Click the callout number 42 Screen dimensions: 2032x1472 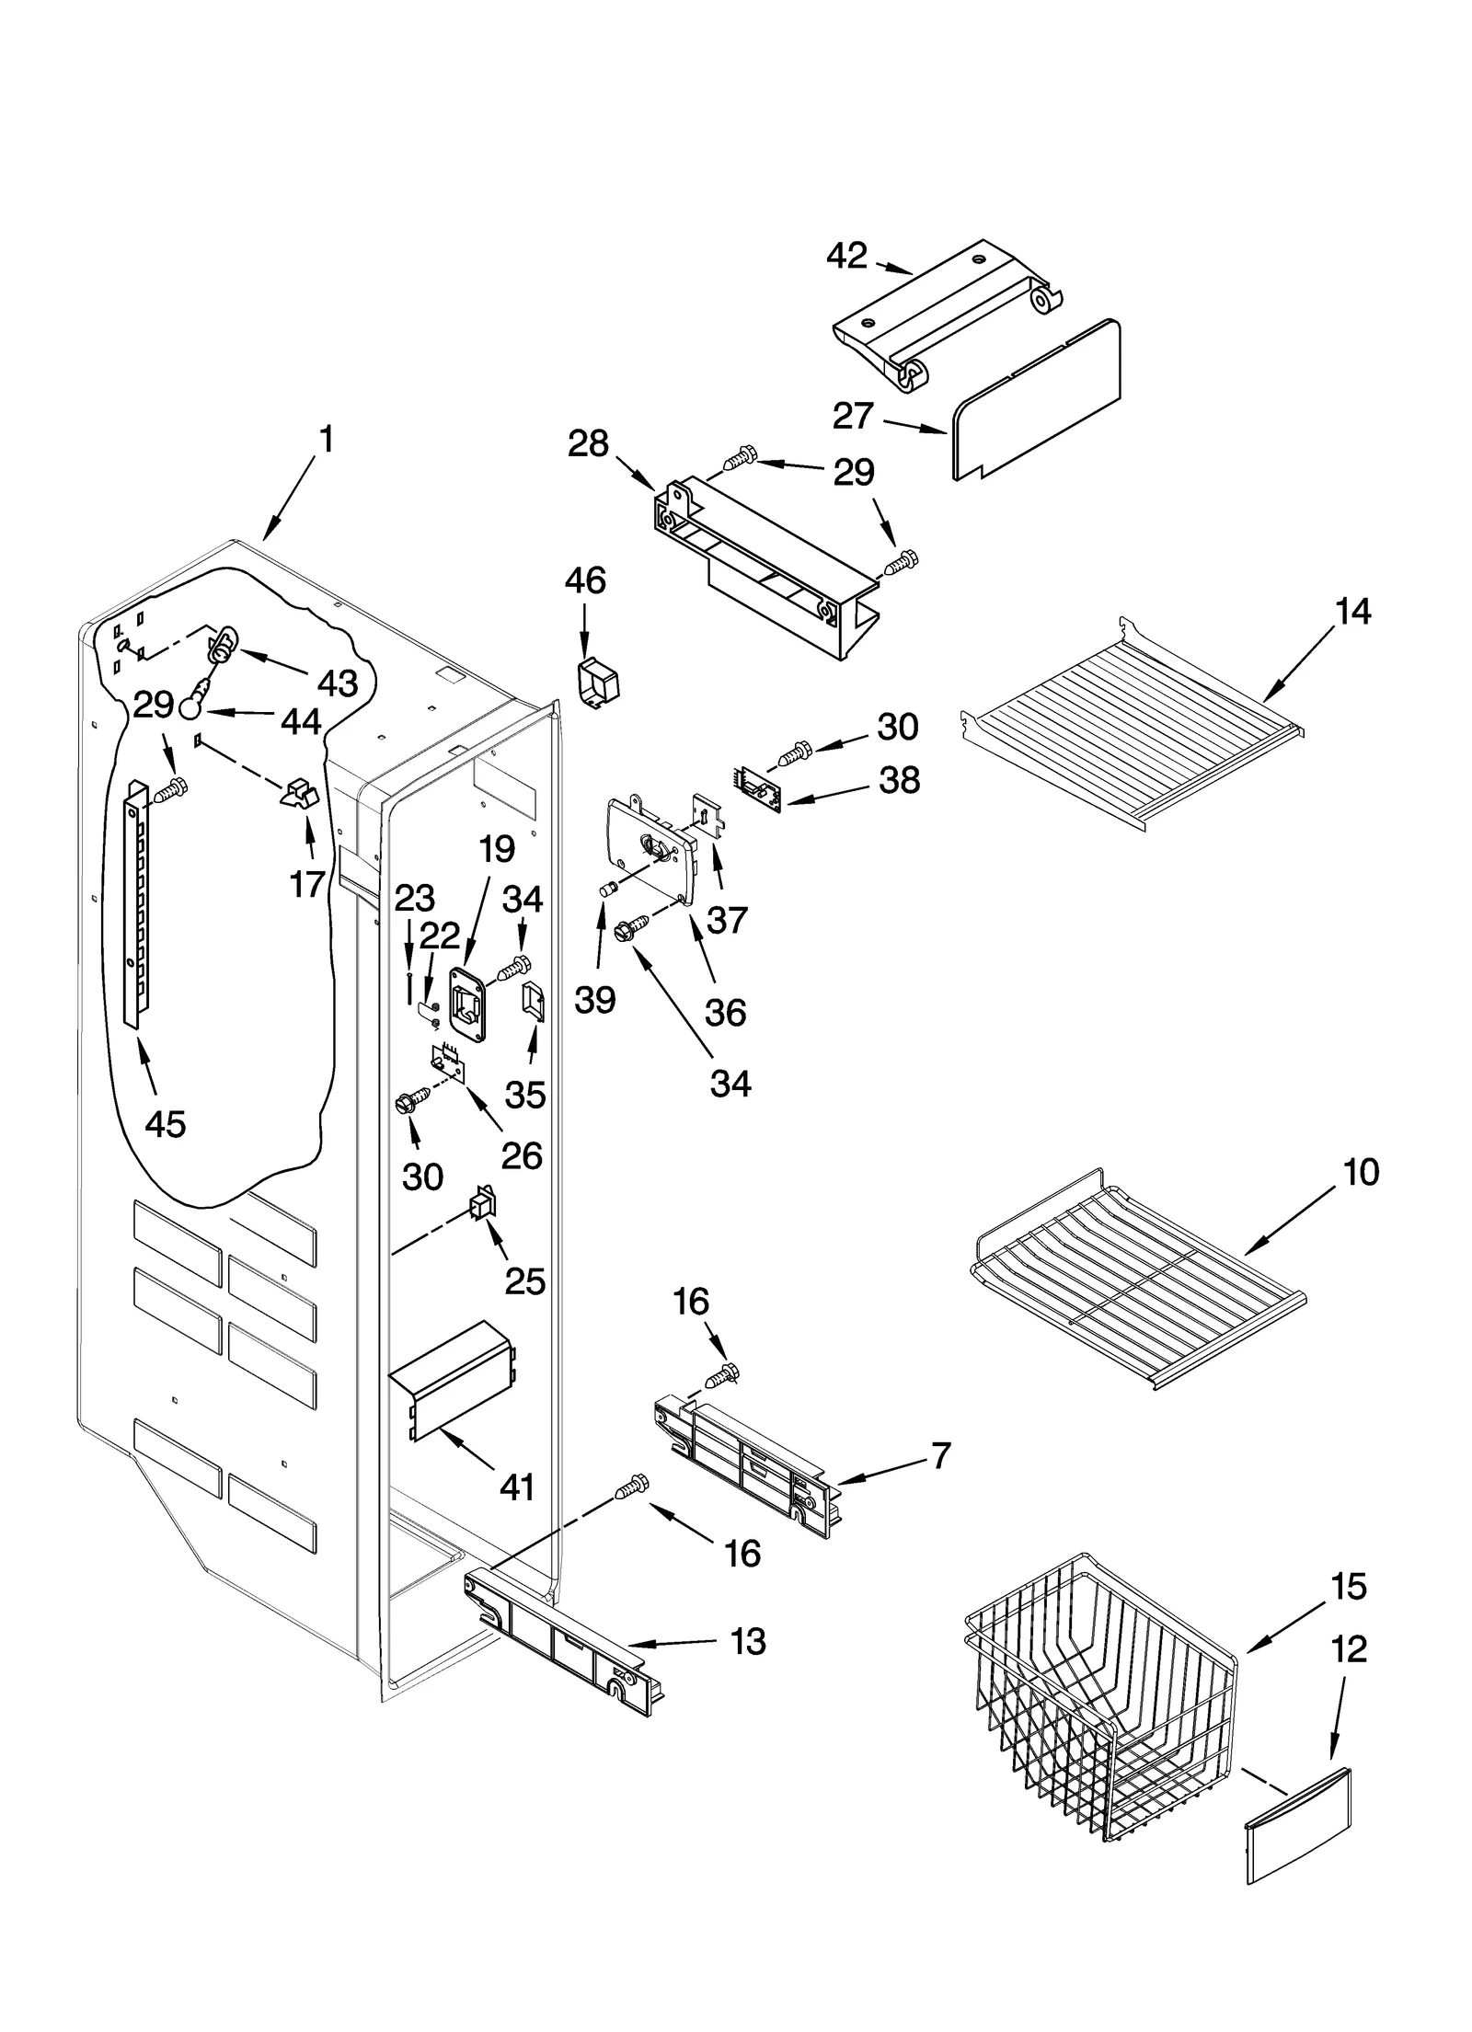point(846,256)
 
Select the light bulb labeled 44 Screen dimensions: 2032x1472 point(190,706)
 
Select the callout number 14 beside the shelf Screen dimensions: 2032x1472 point(1352,611)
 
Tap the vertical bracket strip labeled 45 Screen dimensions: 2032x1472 point(136,901)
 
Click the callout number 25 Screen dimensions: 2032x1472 point(525,1281)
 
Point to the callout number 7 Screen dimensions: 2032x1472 point(940,1456)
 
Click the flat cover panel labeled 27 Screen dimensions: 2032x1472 point(1035,400)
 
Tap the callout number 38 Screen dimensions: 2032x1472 point(899,780)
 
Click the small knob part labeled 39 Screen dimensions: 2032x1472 point(606,890)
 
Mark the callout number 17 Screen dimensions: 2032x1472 point(307,884)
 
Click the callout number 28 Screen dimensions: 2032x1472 point(588,443)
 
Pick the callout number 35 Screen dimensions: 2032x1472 point(525,1095)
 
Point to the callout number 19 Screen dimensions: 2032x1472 point(496,850)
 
